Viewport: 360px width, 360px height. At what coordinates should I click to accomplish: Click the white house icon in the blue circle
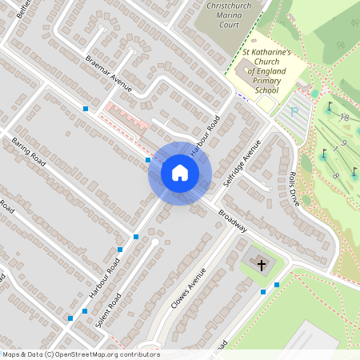pos(180,173)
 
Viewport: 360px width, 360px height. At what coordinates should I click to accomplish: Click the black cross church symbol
pos(261,262)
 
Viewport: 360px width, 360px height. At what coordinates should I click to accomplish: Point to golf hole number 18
pos(345,118)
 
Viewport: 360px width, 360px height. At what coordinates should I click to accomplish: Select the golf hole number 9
pos(342,143)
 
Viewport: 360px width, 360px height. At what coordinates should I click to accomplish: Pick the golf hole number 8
pos(336,174)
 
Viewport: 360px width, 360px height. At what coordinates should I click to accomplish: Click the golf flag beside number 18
pos(328,106)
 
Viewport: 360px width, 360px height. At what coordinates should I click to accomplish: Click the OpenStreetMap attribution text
pos(81,354)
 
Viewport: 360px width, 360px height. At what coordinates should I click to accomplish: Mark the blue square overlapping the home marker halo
pos(148,160)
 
